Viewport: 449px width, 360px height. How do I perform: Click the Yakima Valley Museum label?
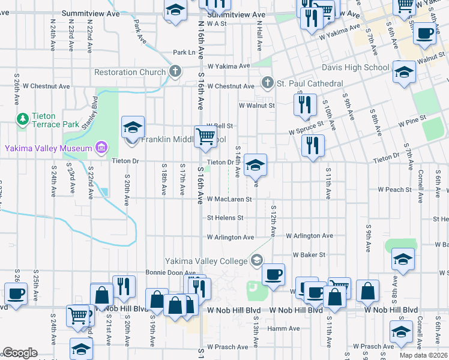click(x=49, y=148)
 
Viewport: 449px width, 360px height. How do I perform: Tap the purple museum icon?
click(x=101, y=148)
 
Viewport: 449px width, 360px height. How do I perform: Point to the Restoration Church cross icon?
click(x=175, y=72)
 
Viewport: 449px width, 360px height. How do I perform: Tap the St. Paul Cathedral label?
click(x=310, y=83)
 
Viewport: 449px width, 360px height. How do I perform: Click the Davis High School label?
click(x=355, y=67)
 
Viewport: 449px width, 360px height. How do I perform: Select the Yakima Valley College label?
click(x=206, y=260)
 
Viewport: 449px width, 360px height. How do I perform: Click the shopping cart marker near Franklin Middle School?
click(x=205, y=137)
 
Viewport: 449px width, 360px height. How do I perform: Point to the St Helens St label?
click(x=225, y=218)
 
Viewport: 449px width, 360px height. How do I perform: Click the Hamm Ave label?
click(x=283, y=328)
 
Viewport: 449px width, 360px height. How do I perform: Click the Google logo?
click(x=20, y=353)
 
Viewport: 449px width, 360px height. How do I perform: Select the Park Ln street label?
click(x=184, y=53)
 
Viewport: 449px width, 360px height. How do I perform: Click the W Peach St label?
click(x=394, y=190)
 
